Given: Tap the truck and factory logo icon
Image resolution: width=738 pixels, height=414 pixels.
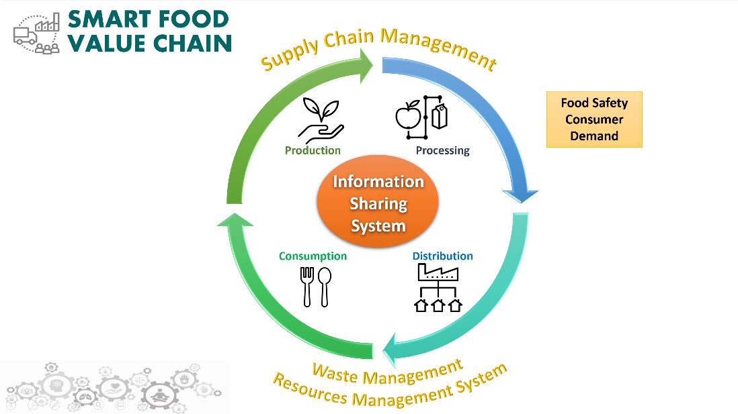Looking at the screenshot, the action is pyautogui.click(x=37, y=33).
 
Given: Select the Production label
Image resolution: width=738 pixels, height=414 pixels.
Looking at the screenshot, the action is pyautogui.click(x=313, y=150).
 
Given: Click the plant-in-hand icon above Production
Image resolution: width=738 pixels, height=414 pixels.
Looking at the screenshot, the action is pyautogui.click(x=321, y=120).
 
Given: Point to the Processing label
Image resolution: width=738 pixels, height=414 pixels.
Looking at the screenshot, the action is pyautogui.click(x=442, y=151).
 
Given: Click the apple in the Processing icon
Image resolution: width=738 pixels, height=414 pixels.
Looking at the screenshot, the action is pyautogui.click(x=407, y=115).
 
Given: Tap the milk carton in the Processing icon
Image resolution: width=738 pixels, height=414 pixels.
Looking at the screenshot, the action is pyautogui.click(x=440, y=116).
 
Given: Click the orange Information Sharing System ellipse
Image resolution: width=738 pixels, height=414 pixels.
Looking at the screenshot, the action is pyautogui.click(x=378, y=202).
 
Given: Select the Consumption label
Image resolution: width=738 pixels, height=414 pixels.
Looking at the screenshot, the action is pyautogui.click(x=313, y=256).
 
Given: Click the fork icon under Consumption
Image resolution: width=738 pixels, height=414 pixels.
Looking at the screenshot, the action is pyautogui.click(x=307, y=287).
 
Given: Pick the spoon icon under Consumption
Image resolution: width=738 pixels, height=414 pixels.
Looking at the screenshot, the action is pyautogui.click(x=325, y=287).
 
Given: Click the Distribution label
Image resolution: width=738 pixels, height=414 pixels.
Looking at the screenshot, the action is pyautogui.click(x=442, y=256).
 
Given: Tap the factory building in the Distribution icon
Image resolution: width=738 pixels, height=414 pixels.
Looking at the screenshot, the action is pyautogui.click(x=438, y=272).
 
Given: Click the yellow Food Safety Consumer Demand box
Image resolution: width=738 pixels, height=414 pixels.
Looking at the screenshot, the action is pyautogui.click(x=594, y=119).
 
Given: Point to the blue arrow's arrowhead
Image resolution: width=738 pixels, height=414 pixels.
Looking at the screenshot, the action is pyautogui.click(x=520, y=196).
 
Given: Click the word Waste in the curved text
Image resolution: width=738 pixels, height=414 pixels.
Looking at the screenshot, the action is pyautogui.click(x=335, y=373).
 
